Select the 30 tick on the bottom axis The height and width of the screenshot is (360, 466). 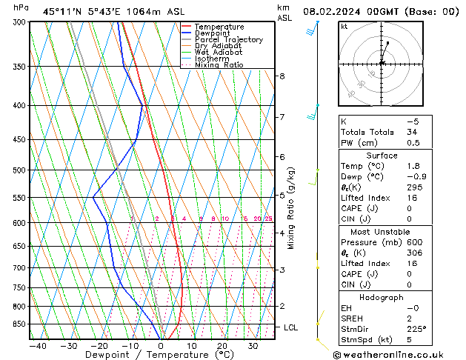point(253,346)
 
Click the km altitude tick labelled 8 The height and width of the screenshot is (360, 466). point(282,76)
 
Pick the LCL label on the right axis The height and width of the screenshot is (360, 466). point(291,327)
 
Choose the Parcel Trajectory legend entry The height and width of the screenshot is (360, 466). point(228,40)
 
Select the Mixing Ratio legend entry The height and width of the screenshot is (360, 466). point(219,65)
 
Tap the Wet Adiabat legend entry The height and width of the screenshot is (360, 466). point(218,53)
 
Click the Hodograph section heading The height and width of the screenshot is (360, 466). point(382,297)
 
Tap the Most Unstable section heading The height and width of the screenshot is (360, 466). point(382,232)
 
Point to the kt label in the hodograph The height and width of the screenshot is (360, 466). point(344,27)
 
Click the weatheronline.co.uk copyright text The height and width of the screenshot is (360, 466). point(399,355)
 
